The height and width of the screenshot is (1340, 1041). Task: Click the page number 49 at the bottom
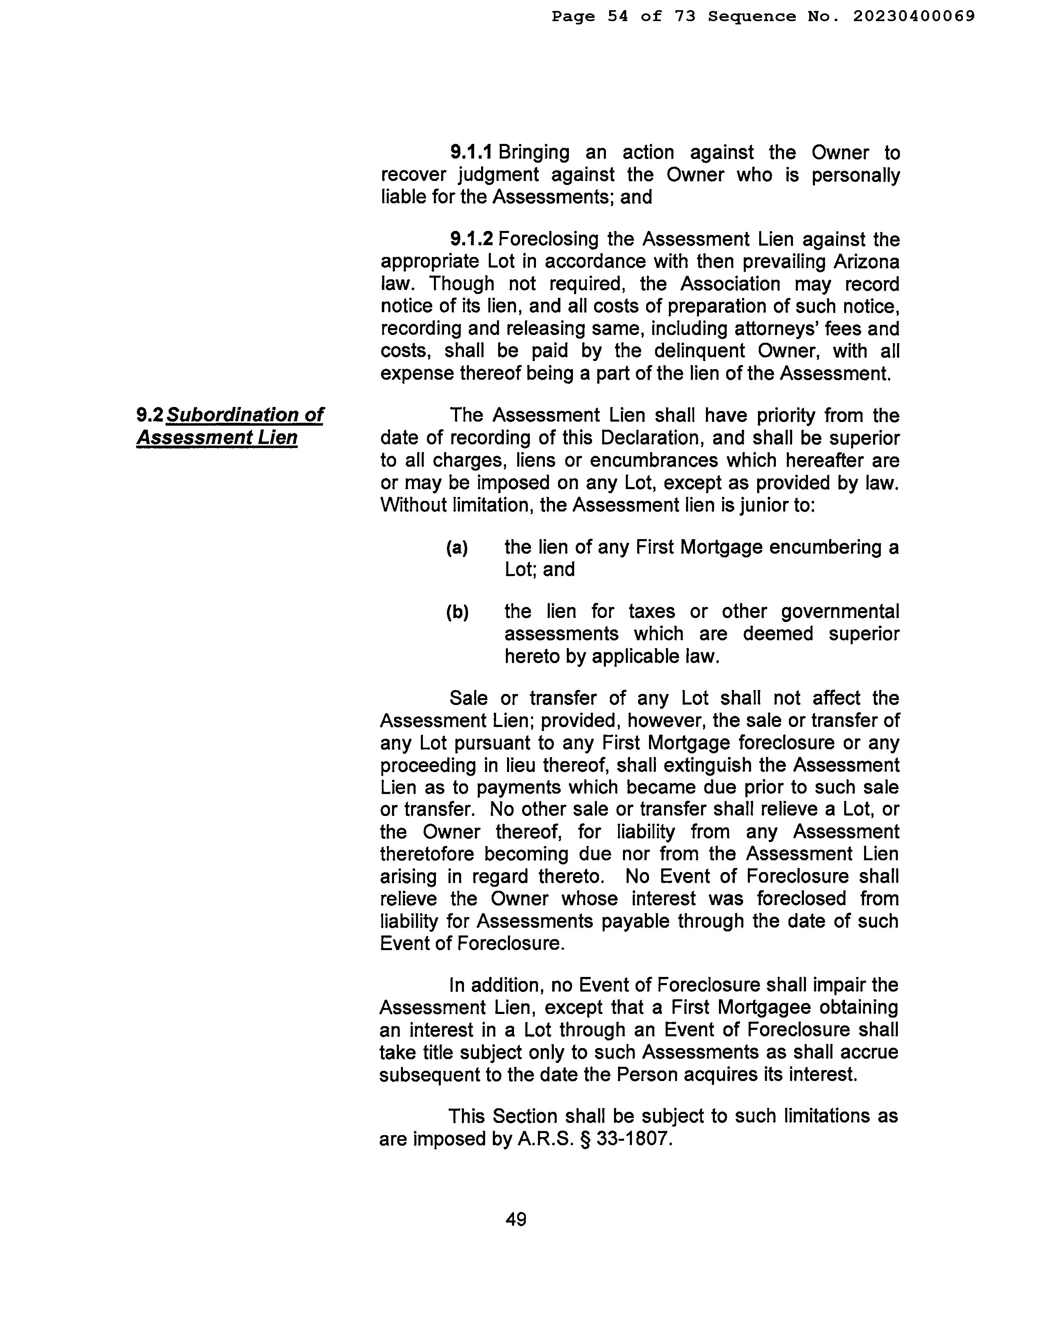(516, 1219)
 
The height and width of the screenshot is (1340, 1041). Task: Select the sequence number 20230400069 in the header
(913, 17)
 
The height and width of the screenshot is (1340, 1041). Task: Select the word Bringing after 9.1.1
(534, 153)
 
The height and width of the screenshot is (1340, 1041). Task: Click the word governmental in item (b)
(840, 612)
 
